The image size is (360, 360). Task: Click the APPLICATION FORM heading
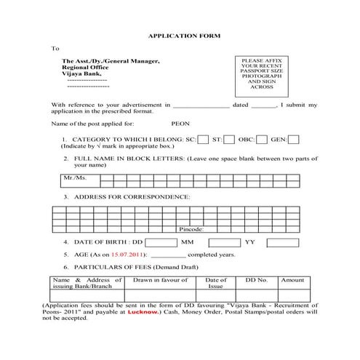[179, 35]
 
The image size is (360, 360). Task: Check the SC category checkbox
[204, 140]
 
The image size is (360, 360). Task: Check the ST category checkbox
[229, 140]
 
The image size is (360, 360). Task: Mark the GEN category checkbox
[294, 140]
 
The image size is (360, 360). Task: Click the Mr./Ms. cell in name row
[75, 177]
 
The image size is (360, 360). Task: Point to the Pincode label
[191, 229]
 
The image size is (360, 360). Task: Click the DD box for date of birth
[161, 241]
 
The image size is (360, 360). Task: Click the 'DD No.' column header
[257, 280]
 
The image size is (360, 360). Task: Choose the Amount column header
[292, 280]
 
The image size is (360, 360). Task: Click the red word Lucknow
[143, 311]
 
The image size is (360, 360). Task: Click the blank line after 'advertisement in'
[201, 106]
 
